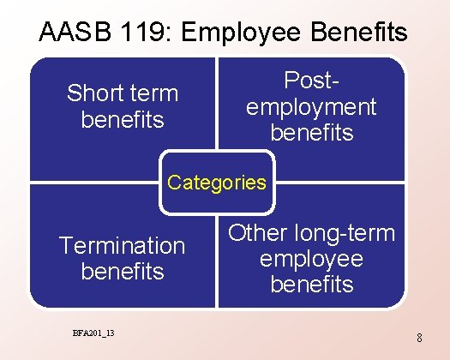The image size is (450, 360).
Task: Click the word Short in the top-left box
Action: click(x=93, y=93)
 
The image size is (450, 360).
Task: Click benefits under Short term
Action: click(x=123, y=119)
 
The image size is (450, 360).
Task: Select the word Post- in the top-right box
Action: click(x=311, y=80)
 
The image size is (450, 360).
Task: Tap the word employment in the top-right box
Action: click(x=311, y=106)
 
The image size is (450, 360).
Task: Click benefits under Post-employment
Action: click(x=311, y=132)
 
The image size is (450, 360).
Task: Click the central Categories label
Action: click(x=218, y=183)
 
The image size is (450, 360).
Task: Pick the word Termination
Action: click(x=122, y=245)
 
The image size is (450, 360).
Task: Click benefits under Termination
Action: click(x=123, y=272)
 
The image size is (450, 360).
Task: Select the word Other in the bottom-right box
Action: click(x=257, y=232)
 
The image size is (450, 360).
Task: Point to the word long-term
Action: click(x=343, y=232)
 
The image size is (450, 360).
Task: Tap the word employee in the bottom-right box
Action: click(x=311, y=258)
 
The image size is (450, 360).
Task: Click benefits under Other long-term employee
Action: click(x=311, y=284)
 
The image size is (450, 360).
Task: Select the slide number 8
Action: click(x=419, y=338)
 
